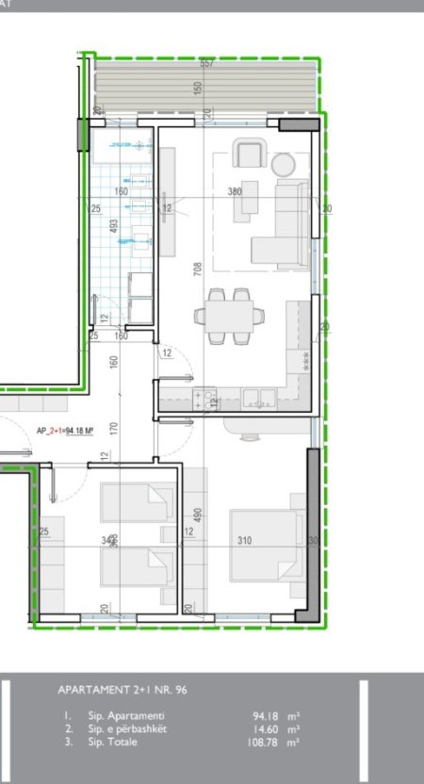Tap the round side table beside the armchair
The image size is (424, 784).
click(x=283, y=164)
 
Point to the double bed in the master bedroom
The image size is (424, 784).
click(x=267, y=546)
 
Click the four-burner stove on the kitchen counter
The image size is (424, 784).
click(x=204, y=399)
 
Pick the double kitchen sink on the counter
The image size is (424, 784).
click(x=254, y=397)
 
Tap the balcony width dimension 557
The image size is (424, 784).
click(x=207, y=64)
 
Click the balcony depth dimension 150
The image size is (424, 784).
click(x=198, y=88)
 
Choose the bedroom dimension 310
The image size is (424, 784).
click(x=245, y=541)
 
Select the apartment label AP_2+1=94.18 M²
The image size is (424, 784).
click(x=65, y=432)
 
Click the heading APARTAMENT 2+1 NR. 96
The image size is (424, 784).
click(x=122, y=691)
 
